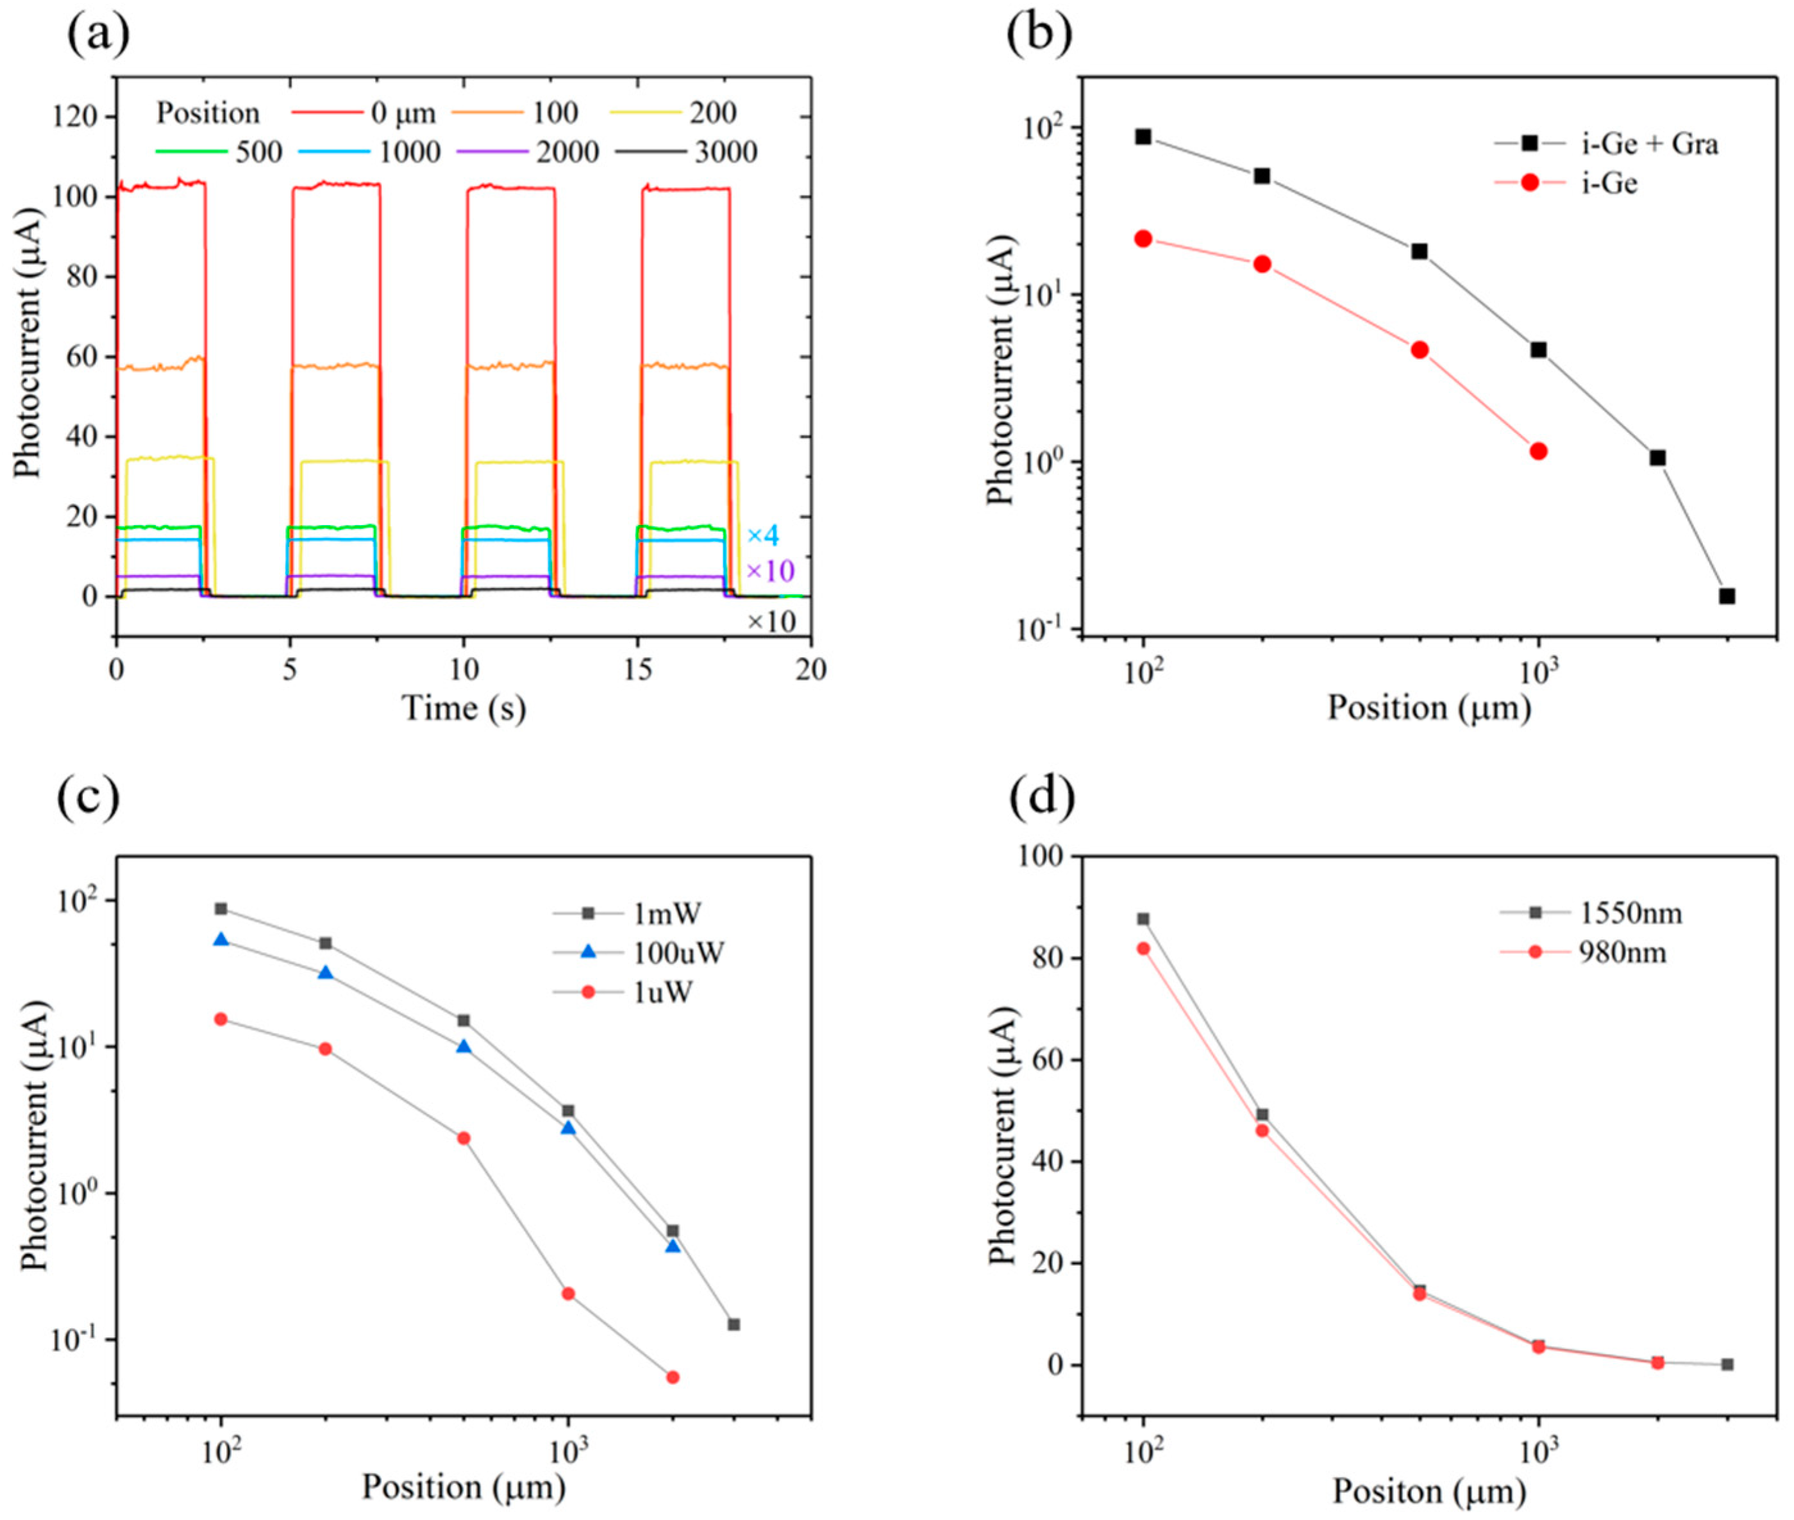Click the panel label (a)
[x=97, y=35]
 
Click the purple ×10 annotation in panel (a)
[x=769, y=571]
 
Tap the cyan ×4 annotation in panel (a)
[x=762, y=536]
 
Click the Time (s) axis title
[x=464, y=708]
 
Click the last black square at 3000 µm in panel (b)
[x=1726, y=596]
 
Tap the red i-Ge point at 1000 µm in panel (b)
[x=1538, y=451]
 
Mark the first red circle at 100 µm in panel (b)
[x=1143, y=238]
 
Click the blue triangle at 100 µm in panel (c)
[x=221, y=940]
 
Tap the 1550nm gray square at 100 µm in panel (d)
[x=1143, y=919]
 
